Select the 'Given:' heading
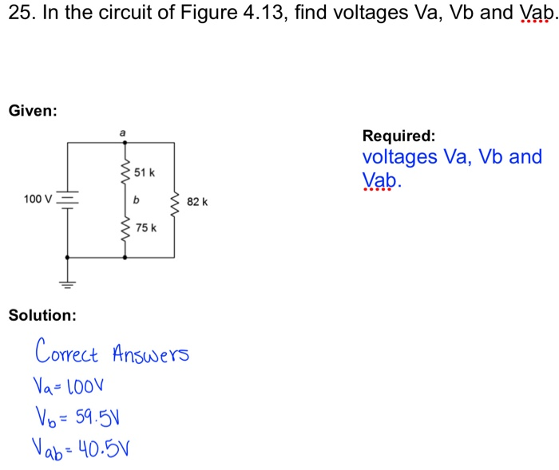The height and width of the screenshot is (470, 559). point(33,110)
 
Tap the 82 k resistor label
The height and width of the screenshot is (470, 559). point(196,203)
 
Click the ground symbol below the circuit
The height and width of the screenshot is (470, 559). point(67,281)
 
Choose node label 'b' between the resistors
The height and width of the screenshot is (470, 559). point(137,200)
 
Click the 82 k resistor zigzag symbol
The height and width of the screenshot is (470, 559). point(174,203)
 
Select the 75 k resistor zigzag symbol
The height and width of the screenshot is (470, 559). point(124,228)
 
